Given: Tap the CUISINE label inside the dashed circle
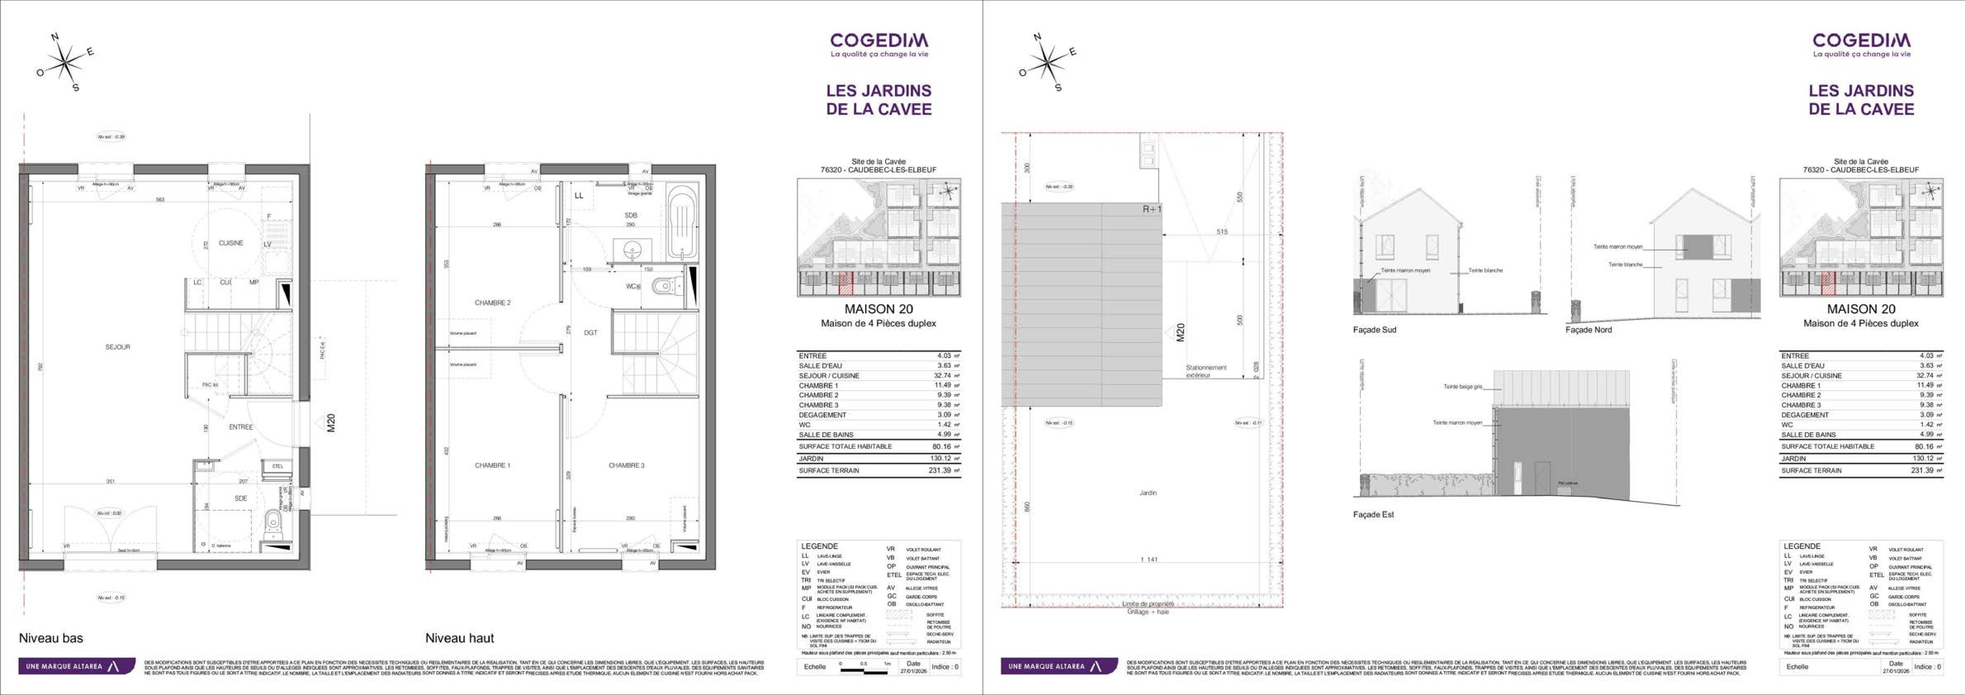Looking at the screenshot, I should (x=231, y=243).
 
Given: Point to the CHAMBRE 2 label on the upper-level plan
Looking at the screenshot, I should (x=492, y=303).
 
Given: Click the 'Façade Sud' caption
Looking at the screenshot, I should (x=1374, y=330).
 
